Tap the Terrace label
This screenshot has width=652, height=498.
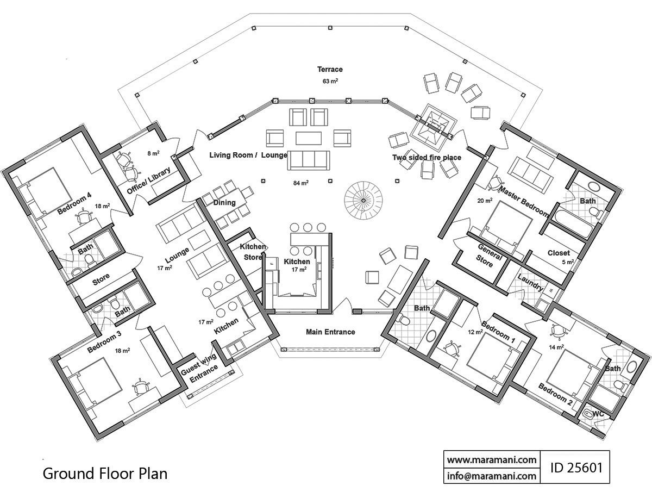pos(330,69)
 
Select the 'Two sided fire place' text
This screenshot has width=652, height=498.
pos(427,158)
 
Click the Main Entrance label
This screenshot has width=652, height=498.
pos(330,332)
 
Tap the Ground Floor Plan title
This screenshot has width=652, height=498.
pos(105,473)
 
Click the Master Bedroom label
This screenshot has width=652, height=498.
pos(524,202)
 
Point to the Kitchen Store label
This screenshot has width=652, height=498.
pos(253,252)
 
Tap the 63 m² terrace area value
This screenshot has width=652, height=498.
pos(330,81)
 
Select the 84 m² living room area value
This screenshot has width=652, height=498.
pos(300,183)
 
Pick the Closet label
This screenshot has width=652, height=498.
pos(559,253)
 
